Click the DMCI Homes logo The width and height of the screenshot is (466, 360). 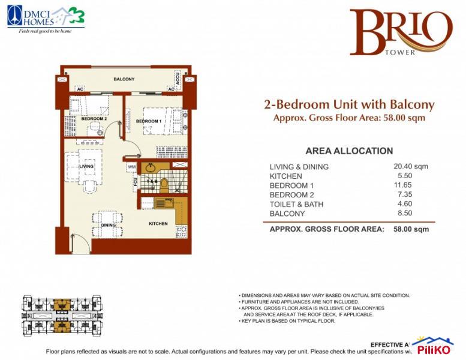pyautogui.click(x=46, y=18)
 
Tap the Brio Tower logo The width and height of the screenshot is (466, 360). pyautogui.click(x=401, y=33)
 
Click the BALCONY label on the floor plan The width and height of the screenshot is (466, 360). pyautogui.click(x=124, y=79)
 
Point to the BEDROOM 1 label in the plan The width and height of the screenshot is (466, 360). pyautogui.click(x=148, y=121)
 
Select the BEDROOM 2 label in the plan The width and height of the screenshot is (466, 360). pyautogui.click(x=94, y=119)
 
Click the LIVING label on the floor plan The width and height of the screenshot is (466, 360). pyautogui.click(x=86, y=166)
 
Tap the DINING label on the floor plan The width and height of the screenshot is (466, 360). pyautogui.click(x=108, y=225)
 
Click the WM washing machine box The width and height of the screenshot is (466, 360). pyautogui.click(x=131, y=167)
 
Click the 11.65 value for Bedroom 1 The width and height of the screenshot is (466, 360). pyautogui.click(x=399, y=185)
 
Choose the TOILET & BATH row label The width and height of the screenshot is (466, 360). pyautogui.click(x=296, y=204)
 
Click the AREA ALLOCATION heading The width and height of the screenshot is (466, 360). pyautogui.click(x=349, y=151)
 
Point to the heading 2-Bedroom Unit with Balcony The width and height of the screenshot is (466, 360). pyautogui.click(x=349, y=104)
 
